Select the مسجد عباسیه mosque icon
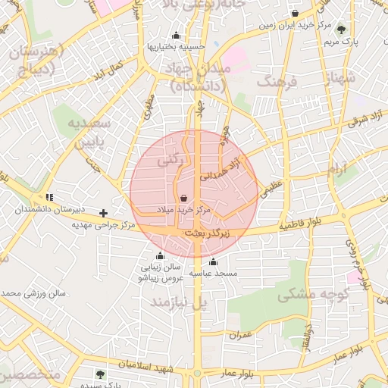coord(212,262)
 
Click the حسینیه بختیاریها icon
coord(177,35)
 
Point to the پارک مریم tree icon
coord(342,30)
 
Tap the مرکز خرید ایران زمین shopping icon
coord(295,14)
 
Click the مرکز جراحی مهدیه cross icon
coord(104,213)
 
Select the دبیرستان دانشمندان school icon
coord(49,197)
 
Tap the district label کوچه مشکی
coord(322,295)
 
